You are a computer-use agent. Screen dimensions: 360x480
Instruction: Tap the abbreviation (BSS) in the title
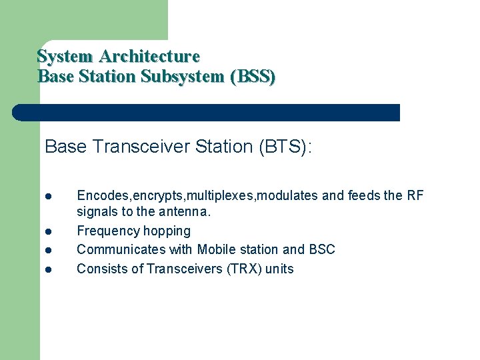(252, 77)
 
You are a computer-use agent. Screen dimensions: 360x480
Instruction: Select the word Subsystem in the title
(182, 77)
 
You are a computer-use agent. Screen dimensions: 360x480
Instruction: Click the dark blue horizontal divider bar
(206, 113)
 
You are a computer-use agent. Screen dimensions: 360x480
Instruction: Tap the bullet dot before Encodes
(49, 196)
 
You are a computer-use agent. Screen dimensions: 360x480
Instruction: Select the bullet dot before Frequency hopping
(49, 232)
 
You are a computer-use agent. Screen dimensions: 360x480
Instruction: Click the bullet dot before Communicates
(49, 251)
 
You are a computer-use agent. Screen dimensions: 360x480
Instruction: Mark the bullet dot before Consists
(49, 270)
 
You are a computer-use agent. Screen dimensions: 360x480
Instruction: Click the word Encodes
(103, 195)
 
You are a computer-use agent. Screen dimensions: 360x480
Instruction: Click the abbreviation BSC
(321, 250)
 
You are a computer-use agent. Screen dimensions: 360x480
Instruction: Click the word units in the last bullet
(279, 269)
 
